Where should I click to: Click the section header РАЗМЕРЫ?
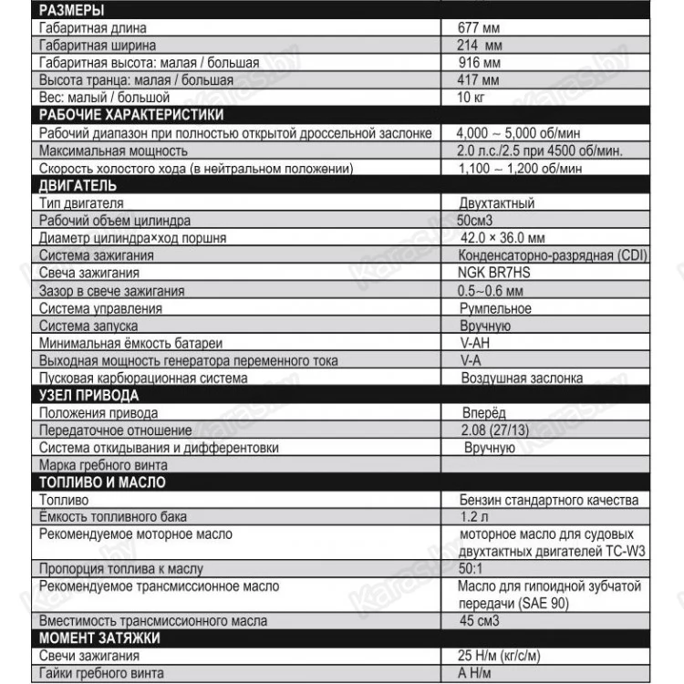[71, 11]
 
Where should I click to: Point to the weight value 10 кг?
[473, 97]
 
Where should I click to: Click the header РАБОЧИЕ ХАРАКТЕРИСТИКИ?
[129, 115]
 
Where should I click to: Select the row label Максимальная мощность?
[102, 150]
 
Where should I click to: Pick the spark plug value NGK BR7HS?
[499, 273]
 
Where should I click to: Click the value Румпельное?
[496, 308]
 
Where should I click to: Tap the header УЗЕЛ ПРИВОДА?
[88, 396]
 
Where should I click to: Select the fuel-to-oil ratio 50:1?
[475, 569]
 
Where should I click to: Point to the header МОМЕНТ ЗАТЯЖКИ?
[99, 638]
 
